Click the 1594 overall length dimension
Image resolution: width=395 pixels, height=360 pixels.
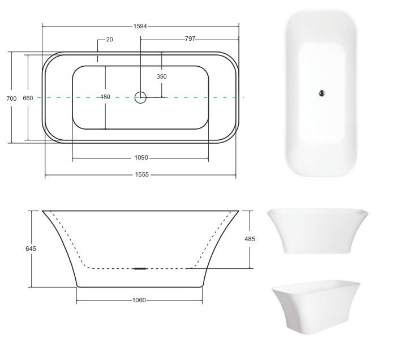(x=140, y=26)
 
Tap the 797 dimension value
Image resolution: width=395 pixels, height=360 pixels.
(x=190, y=39)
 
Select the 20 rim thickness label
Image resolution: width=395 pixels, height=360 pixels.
(x=109, y=39)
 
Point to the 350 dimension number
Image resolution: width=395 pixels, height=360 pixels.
(x=161, y=76)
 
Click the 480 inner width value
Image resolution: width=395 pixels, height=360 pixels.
(x=105, y=96)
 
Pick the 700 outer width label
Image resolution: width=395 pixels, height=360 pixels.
(x=11, y=98)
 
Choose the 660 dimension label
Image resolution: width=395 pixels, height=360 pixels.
(x=28, y=98)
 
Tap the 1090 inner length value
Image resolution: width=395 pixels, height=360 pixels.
(x=141, y=158)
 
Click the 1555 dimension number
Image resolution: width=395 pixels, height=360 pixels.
(x=142, y=174)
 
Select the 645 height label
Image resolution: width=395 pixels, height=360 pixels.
(x=31, y=248)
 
